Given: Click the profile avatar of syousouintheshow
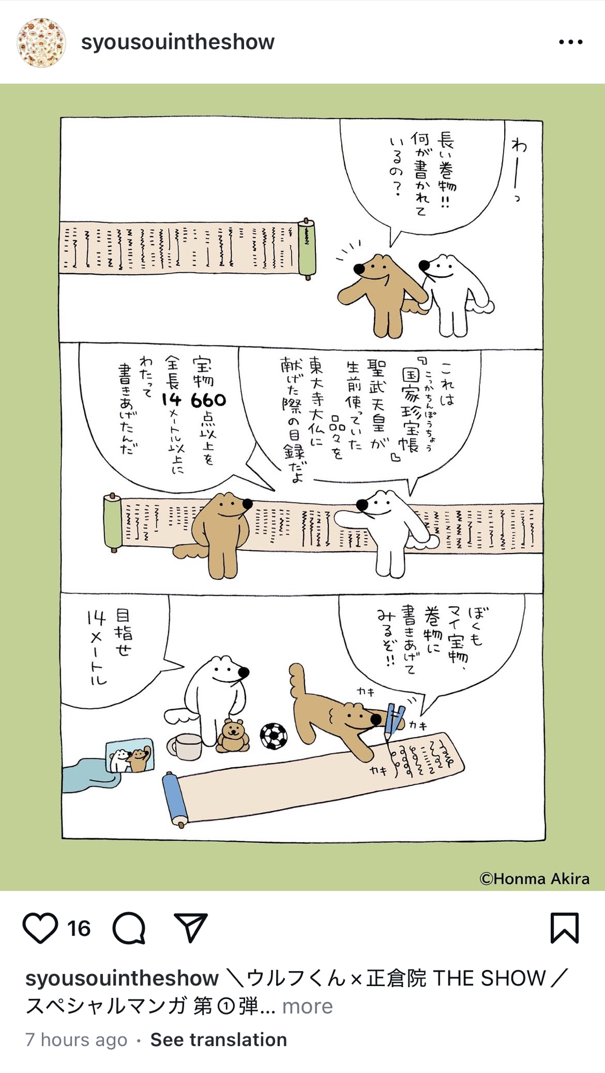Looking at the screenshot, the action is (x=41, y=42).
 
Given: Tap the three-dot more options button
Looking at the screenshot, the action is (x=571, y=42).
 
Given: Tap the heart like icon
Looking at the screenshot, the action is (x=40, y=928).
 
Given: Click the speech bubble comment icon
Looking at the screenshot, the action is (x=129, y=928).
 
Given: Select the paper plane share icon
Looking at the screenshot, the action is (x=190, y=928).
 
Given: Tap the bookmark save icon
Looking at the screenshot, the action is (x=565, y=928).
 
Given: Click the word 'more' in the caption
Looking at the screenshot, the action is (x=307, y=1006).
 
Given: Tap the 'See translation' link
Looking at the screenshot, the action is (x=218, y=1040).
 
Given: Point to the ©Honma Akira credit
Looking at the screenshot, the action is (x=534, y=879).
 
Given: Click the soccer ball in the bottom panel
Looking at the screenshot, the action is (x=274, y=736).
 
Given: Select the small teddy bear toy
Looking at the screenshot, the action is (x=233, y=736).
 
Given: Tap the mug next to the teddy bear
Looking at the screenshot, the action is (x=185, y=746).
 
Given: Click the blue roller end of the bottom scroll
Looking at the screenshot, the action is (x=175, y=800).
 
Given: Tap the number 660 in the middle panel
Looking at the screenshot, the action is (x=208, y=400).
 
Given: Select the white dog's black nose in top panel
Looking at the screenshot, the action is (x=424, y=265).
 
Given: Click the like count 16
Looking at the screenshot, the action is (x=79, y=929).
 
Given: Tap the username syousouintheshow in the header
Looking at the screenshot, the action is (x=178, y=42).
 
